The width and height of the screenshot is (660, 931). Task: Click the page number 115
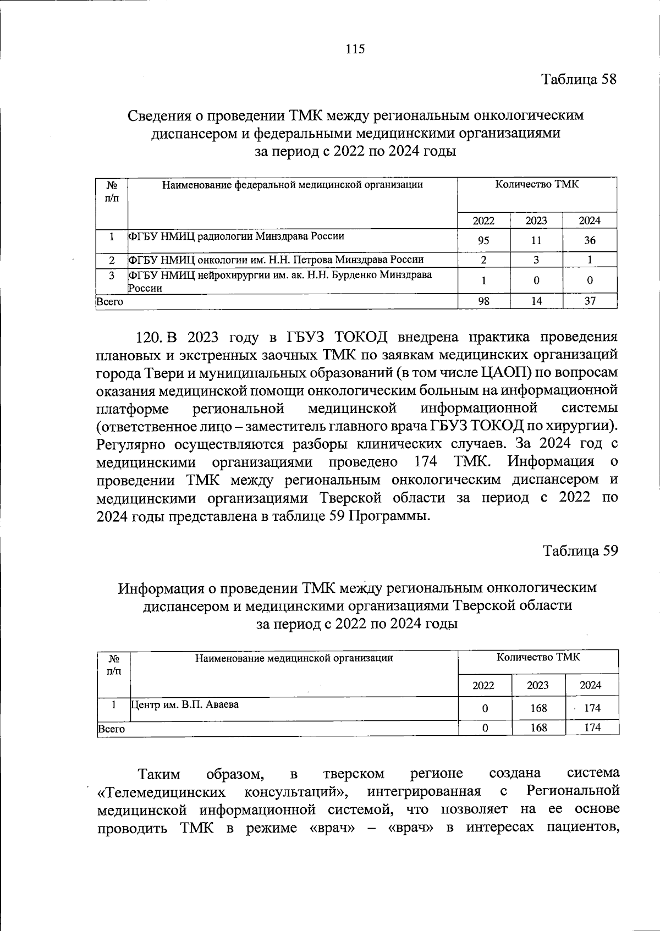355,49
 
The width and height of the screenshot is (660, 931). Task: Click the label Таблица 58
579,79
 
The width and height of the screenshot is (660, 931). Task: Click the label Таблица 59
580,550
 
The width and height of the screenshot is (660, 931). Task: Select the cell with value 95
483,241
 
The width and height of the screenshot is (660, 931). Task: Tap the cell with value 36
590,241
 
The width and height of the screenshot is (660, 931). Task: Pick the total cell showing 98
483,301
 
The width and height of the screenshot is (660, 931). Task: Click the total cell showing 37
590,301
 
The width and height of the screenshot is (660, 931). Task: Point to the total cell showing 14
536,301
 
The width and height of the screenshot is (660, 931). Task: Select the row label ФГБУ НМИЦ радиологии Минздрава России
237,236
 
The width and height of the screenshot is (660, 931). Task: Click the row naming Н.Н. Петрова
276,260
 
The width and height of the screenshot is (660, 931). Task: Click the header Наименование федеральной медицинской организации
292,185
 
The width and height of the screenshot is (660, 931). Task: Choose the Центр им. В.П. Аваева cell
185,704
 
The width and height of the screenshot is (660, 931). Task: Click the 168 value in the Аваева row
538,708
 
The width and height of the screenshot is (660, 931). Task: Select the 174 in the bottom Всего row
592,728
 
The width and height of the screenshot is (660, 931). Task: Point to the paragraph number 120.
150,337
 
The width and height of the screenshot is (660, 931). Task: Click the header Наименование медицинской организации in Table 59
294,658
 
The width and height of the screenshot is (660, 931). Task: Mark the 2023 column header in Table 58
536,221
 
